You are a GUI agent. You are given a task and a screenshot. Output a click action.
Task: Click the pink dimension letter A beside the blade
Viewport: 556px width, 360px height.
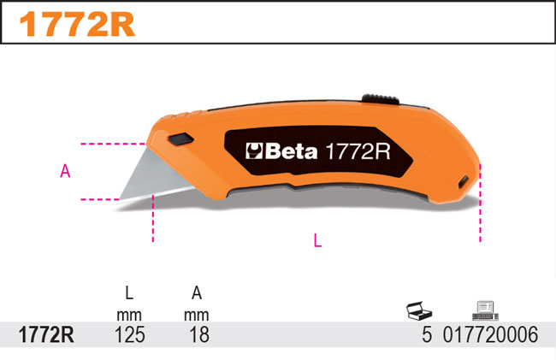pyautogui.click(x=65, y=171)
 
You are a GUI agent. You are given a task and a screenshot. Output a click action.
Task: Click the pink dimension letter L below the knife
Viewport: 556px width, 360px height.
pyautogui.click(x=317, y=241)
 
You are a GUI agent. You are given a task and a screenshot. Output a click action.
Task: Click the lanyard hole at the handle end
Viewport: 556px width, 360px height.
pyautogui.click(x=463, y=182)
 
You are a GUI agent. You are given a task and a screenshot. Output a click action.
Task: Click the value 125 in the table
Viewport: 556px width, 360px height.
pyautogui.click(x=129, y=334)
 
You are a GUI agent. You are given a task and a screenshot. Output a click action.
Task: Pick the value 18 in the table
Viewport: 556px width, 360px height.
pyautogui.click(x=197, y=334)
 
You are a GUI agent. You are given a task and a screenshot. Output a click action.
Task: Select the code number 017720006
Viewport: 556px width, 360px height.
pyautogui.click(x=490, y=334)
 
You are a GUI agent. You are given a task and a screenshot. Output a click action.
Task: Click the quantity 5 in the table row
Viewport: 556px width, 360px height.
pyautogui.click(x=426, y=334)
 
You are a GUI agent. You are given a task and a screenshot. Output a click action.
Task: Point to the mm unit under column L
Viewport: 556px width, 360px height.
pyautogui.click(x=129, y=315)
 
